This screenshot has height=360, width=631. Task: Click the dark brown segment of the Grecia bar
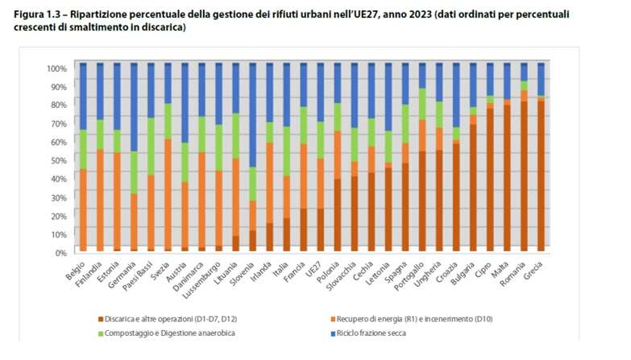541,177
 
